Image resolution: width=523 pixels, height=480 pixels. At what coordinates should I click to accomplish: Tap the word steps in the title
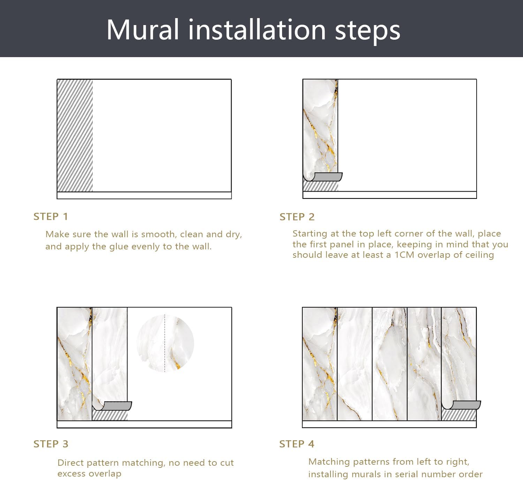tap(367, 31)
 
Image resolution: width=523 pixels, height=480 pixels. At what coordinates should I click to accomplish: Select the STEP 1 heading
tap(51, 217)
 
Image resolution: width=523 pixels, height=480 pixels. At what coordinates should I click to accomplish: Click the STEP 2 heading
tap(297, 217)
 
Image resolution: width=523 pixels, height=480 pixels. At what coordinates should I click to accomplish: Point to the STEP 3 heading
tap(51, 444)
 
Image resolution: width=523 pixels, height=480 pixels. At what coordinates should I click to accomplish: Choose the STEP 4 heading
tap(297, 444)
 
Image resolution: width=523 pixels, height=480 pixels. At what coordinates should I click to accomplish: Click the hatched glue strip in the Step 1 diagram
tap(75, 136)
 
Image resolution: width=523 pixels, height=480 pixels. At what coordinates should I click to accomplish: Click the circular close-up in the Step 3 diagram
tap(165, 343)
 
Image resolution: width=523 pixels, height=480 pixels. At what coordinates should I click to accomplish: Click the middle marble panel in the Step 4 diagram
tap(389, 364)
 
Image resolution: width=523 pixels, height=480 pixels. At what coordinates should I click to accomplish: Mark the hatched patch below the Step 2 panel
tap(320, 186)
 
